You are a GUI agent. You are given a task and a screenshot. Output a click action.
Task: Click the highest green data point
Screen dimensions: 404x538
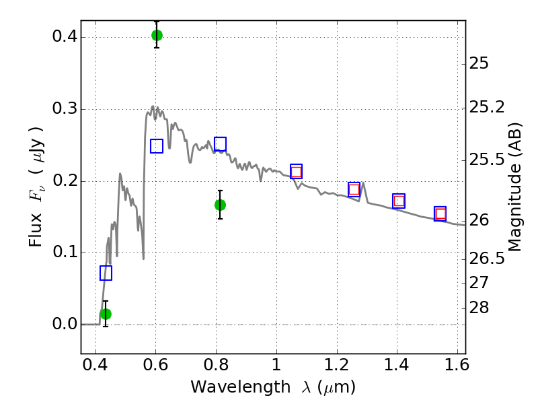pos(157,35)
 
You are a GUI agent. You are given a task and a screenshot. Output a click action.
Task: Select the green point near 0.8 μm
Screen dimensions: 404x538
pos(220,205)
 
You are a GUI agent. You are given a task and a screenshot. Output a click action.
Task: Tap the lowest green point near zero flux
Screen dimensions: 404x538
pos(106,314)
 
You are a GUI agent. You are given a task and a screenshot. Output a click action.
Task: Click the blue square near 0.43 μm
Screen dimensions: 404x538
pos(106,273)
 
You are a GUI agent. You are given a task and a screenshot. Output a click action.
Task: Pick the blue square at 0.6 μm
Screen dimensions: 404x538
pos(157,146)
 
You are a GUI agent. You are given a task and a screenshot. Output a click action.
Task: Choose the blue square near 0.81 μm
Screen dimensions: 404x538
pos(220,143)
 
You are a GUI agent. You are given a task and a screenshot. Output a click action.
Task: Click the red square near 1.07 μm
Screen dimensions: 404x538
pos(296,172)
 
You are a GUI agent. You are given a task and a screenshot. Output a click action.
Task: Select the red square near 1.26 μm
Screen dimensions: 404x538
pos(354,189)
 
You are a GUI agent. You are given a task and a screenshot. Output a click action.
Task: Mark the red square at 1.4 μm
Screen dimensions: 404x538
pos(399,201)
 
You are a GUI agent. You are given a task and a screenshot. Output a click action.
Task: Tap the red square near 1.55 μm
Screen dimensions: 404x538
pos(440,214)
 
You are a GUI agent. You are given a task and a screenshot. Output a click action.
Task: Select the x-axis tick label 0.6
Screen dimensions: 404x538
pos(155,368)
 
